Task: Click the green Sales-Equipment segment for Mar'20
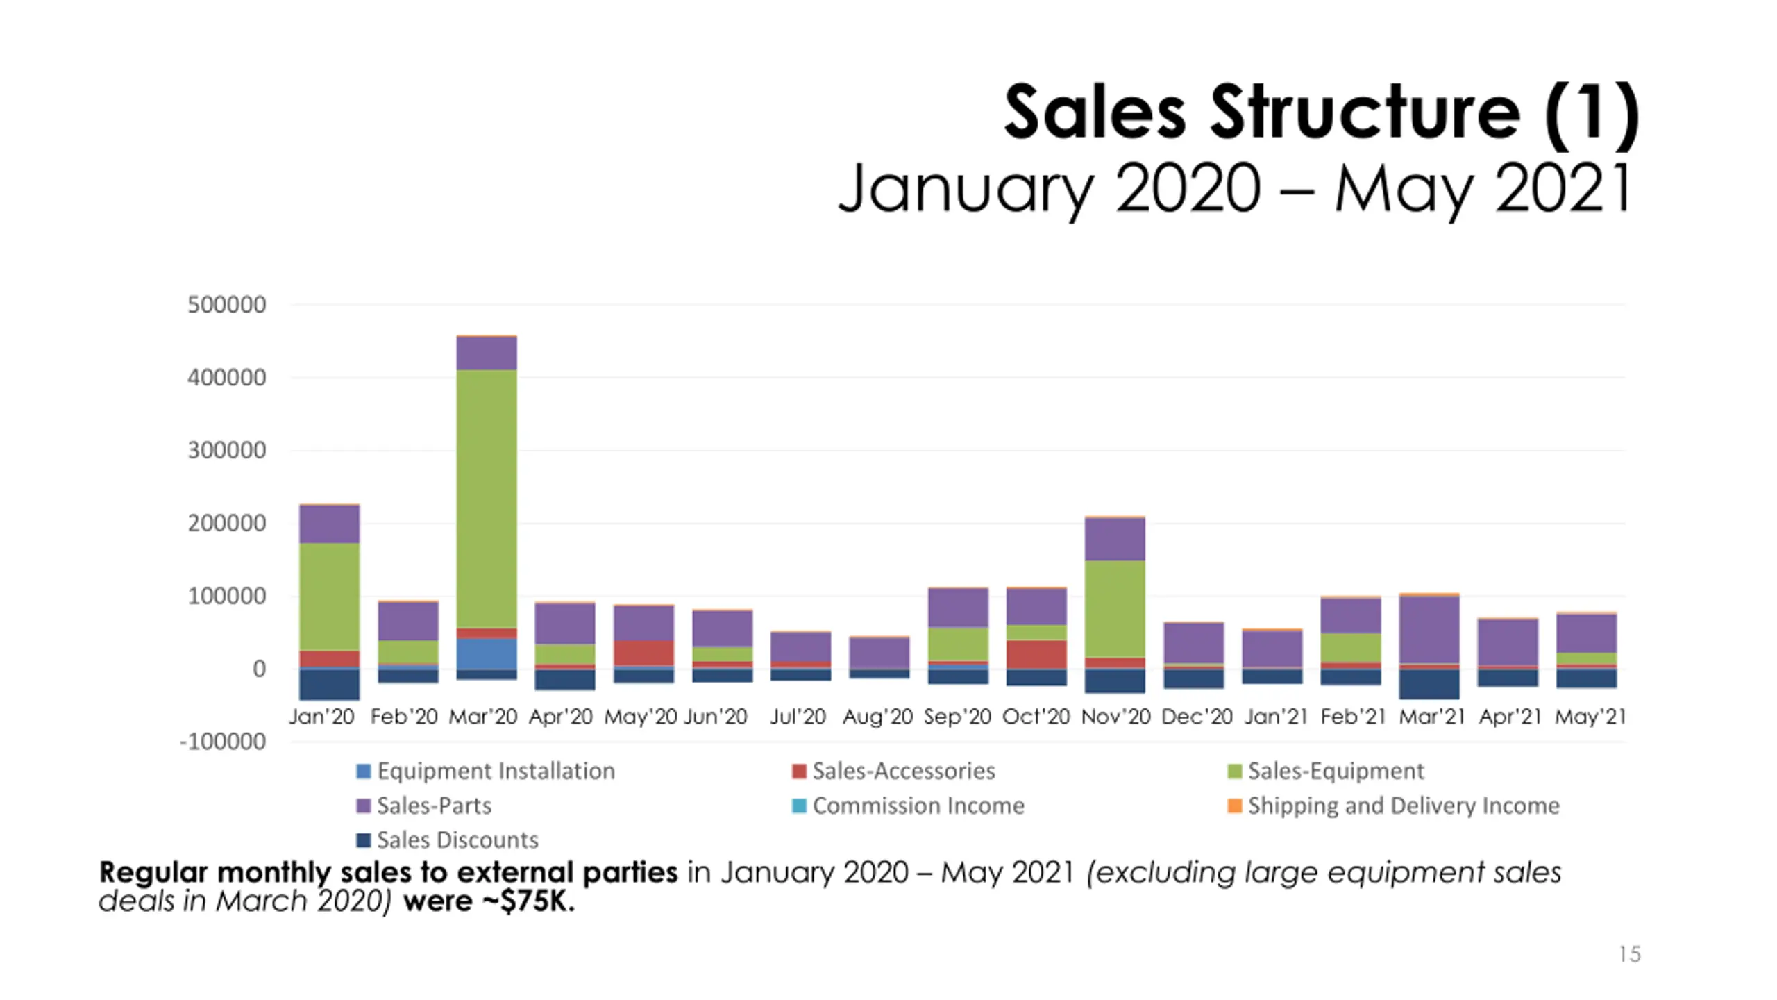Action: coord(486,499)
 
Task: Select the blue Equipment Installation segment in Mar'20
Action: coord(486,653)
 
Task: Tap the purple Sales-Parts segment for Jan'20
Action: coord(329,524)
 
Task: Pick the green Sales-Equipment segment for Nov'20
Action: coord(1115,608)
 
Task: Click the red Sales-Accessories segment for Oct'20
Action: coord(1036,654)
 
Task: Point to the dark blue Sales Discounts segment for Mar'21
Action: coord(1429,684)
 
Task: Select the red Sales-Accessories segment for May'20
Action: coord(643,653)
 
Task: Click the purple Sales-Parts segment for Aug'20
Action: coord(879,653)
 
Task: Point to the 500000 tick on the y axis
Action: coord(226,305)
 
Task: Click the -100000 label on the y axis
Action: coord(223,742)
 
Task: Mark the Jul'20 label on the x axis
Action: coord(798,717)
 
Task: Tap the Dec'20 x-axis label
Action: coord(1197,717)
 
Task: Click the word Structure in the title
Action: coord(1365,112)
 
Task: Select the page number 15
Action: coord(1629,954)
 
